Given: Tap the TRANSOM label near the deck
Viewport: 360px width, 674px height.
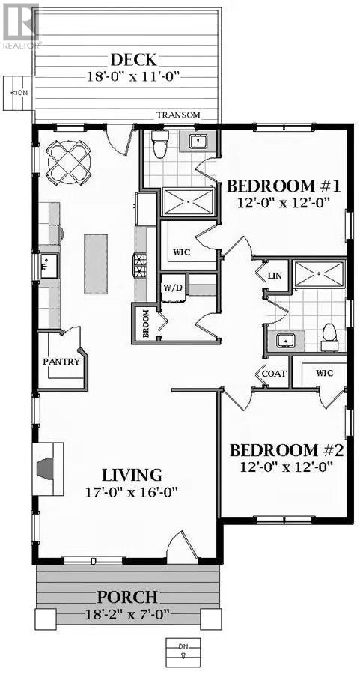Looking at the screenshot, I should pyautogui.click(x=177, y=115).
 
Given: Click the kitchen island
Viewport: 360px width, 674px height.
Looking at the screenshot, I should pyautogui.click(x=96, y=264).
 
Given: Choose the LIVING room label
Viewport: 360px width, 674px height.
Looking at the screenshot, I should pyautogui.click(x=132, y=475).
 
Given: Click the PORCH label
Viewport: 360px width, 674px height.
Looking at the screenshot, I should pyautogui.click(x=127, y=597).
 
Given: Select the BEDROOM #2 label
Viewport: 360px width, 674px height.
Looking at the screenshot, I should pyautogui.click(x=286, y=450).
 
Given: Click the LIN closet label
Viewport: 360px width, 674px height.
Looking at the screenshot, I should pyautogui.click(x=274, y=276).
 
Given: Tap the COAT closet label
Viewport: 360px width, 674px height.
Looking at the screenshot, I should pyautogui.click(x=273, y=373).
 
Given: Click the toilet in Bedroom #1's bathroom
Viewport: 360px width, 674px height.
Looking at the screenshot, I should pyautogui.click(x=159, y=145).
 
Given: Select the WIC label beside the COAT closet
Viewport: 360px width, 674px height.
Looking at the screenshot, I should pyautogui.click(x=324, y=372).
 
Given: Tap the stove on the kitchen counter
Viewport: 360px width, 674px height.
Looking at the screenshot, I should pyautogui.click(x=138, y=264).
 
